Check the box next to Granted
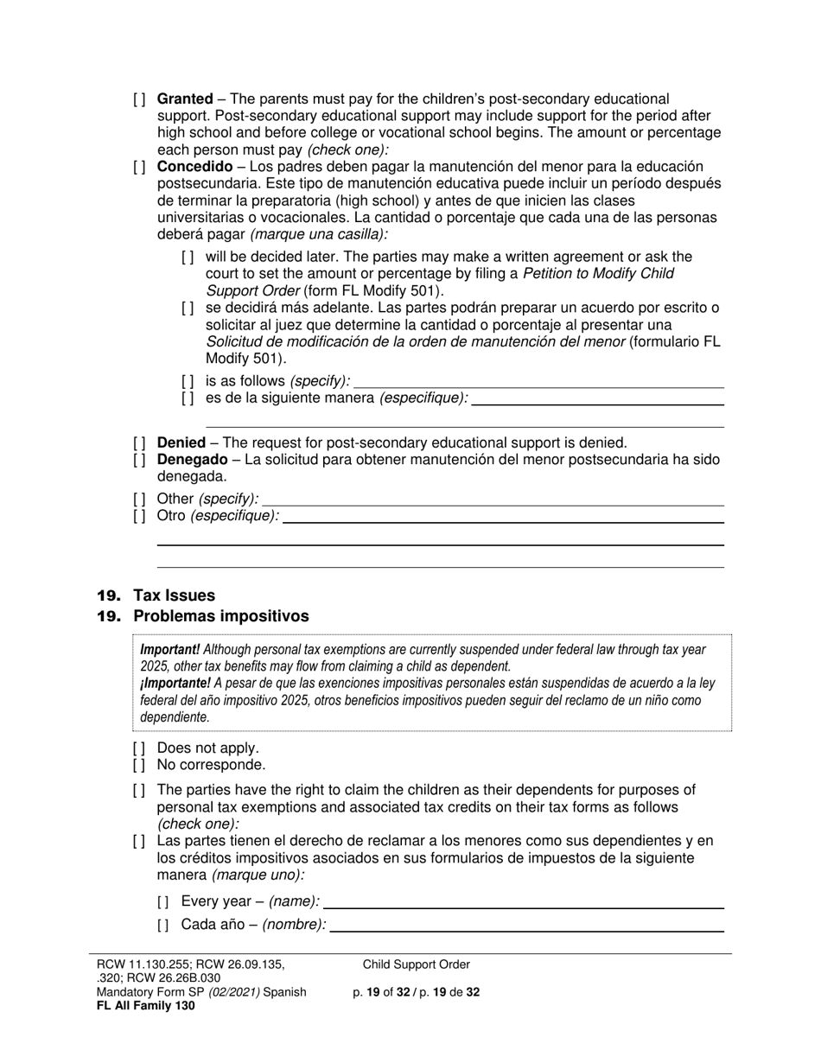click(139, 99)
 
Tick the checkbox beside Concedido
click(139, 167)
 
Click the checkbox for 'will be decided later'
click(188, 257)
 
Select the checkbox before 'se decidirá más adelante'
click(188, 308)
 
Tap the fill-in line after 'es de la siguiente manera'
click(597, 398)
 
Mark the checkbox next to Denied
click(139, 442)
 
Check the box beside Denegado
click(139, 460)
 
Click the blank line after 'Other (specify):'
click(493, 499)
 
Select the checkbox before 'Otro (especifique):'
click(139, 516)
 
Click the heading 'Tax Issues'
click(174, 595)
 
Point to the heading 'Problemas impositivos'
click(220, 616)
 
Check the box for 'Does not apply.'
click(139, 748)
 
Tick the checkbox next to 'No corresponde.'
click(139, 765)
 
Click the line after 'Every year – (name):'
click(523, 902)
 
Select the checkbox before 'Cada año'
click(163, 925)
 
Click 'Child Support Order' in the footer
click(417, 964)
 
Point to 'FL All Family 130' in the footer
click(146, 1005)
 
